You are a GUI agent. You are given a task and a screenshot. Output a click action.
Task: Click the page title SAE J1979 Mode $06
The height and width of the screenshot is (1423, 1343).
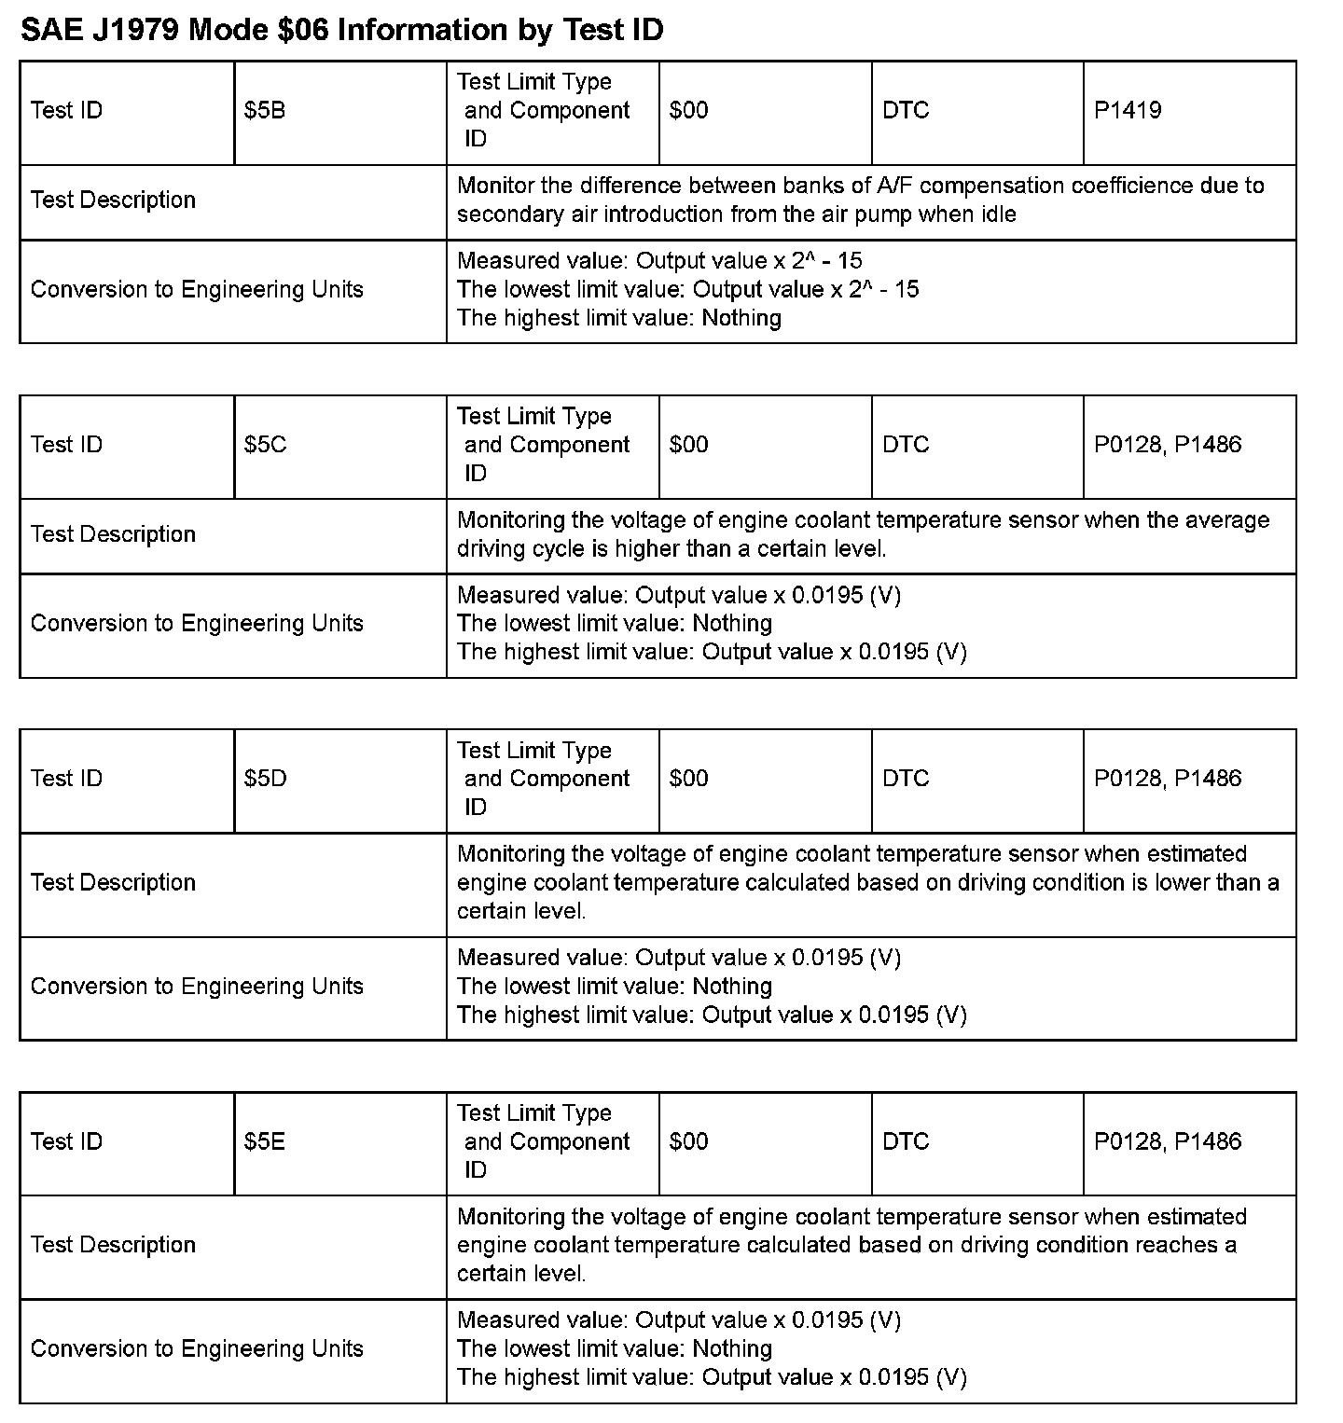click(341, 31)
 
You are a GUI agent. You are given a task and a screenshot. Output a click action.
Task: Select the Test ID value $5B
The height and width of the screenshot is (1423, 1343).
click(265, 111)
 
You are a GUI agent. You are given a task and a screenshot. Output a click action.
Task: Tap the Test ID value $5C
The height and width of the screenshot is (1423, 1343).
click(266, 445)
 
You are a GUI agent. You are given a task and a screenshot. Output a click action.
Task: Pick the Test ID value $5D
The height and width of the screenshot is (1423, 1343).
click(266, 779)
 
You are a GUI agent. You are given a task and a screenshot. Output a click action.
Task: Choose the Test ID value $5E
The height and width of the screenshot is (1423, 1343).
click(265, 1141)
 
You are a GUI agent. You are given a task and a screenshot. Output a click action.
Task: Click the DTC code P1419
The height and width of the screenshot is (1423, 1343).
click(1128, 111)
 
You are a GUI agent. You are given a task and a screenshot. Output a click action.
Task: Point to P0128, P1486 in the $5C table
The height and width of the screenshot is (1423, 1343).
click(1168, 445)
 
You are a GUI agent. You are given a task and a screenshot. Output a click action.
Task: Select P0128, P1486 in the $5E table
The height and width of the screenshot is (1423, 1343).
click(1168, 1141)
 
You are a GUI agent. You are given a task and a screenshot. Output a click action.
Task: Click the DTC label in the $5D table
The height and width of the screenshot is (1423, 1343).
click(906, 779)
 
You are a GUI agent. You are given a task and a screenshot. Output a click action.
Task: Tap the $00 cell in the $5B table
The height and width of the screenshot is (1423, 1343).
click(688, 111)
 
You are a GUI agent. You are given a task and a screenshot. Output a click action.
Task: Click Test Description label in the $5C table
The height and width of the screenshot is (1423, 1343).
click(113, 534)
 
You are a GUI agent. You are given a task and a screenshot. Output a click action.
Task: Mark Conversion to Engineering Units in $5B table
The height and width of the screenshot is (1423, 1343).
click(197, 290)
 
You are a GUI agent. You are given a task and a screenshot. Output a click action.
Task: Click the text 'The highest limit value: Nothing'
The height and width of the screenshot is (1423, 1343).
click(619, 319)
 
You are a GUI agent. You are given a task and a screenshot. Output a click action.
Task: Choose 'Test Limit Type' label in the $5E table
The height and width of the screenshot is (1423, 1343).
click(534, 1113)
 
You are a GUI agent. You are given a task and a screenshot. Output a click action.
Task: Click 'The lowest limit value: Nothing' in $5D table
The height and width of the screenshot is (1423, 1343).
click(615, 987)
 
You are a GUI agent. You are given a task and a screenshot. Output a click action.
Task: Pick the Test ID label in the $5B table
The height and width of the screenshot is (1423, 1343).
click(66, 111)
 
